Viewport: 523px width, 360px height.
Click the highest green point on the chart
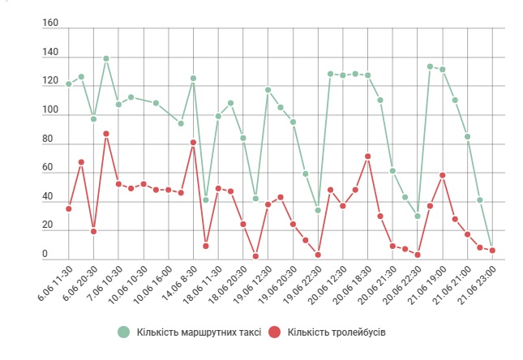tap(106, 58)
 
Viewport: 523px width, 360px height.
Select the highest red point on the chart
tap(106, 134)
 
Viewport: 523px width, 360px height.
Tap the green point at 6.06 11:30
tap(69, 84)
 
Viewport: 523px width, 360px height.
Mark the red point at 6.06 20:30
tap(94, 231)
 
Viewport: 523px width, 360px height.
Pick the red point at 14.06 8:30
tap(193, 143)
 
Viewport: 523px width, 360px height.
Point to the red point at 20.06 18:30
tap(367, 156)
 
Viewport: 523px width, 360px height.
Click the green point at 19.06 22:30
tap(318, 210)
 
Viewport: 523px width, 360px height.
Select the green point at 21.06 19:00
tap(442, 70)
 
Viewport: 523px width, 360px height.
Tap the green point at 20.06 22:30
tap(418, 216)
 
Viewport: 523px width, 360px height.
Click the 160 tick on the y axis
tap(50, 24)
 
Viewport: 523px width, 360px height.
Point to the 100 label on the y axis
tap(50, 111)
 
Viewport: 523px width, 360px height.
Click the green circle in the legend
tap(123, 332)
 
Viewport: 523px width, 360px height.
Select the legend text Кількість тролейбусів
tap(337, 332)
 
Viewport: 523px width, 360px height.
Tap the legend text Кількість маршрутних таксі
tap(199, 332)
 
